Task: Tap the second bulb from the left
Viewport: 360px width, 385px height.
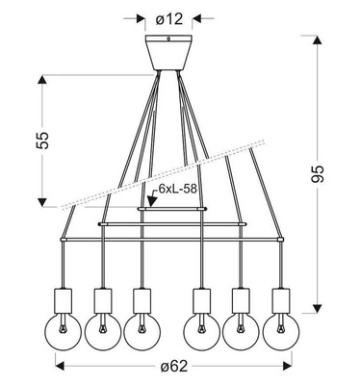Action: pyautogui.click(x=103, y=328)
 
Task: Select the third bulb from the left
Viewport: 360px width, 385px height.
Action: pyautogui.click(x=142, y=328)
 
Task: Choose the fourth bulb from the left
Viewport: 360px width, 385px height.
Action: pyautogui.click(x=203, y=328)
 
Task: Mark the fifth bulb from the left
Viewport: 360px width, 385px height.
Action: pyautogui.click(x=243, y=328)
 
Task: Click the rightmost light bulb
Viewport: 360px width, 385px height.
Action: pyautogui.click(x=280, y=328)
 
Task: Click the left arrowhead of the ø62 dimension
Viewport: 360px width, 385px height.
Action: pyautogui.click(x=59, y=365)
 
